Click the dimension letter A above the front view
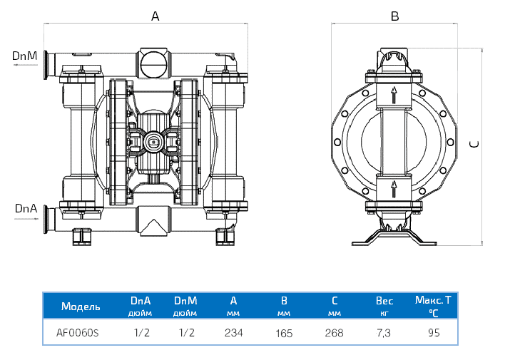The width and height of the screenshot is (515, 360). [155, 16]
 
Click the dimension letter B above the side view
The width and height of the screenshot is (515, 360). [394, 16]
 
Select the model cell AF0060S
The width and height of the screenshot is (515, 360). [78, 333]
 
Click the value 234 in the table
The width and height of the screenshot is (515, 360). [233, 333]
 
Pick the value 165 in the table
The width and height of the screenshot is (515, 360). [284, 333]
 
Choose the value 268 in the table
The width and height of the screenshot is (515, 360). [334, 333]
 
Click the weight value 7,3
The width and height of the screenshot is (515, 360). [384, 333]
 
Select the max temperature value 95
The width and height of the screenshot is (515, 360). [433, 333]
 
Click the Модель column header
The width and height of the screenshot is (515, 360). [81, 307]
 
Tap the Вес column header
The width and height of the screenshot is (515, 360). [384, 301]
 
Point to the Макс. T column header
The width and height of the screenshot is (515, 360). [433, 300]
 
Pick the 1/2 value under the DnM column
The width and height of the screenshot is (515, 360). [186, 333]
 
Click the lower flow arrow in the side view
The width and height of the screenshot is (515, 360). [393, 189]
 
